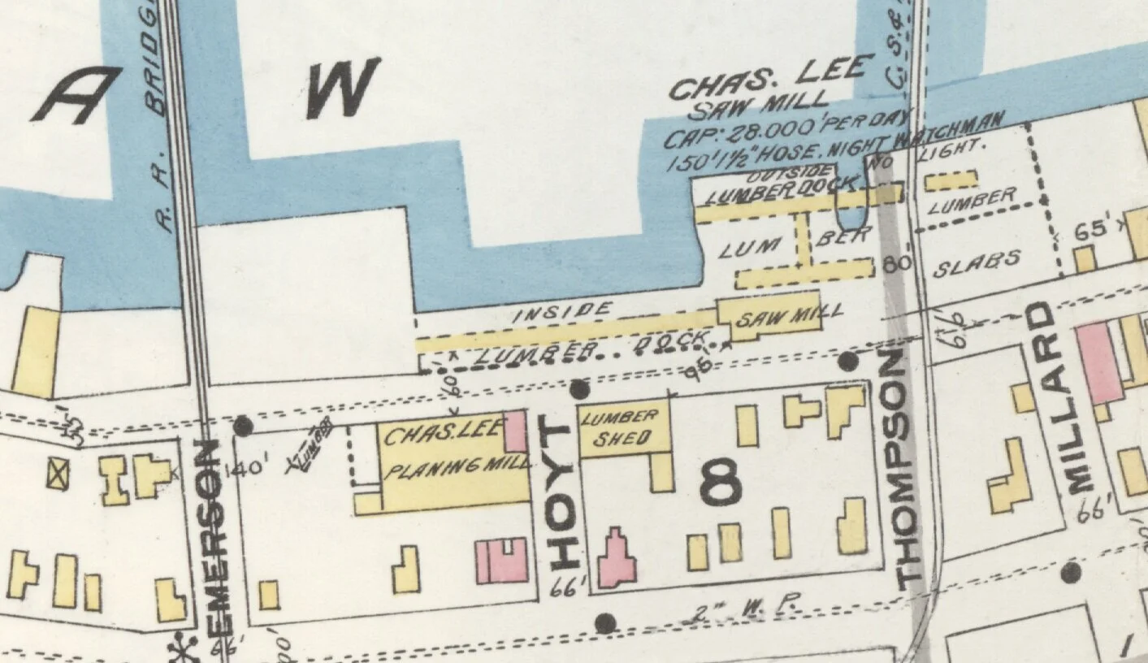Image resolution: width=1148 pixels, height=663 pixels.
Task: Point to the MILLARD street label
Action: pos(1056,398)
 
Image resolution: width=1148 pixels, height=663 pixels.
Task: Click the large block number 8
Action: pos(720,483)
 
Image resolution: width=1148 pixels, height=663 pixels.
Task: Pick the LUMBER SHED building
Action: pos(624,429)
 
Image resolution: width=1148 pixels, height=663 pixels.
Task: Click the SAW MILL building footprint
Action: pos(769,318)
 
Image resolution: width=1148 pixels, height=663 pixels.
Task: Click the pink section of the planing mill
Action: pos(515,431)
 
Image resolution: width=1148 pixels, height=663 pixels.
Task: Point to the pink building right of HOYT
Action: pos(617,560)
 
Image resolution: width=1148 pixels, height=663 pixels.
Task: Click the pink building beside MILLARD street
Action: pos(1098,362)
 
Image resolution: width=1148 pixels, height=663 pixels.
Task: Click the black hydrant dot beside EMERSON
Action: pos(243,425)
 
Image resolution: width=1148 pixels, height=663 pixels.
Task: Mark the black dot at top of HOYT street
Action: pos(578,389)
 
